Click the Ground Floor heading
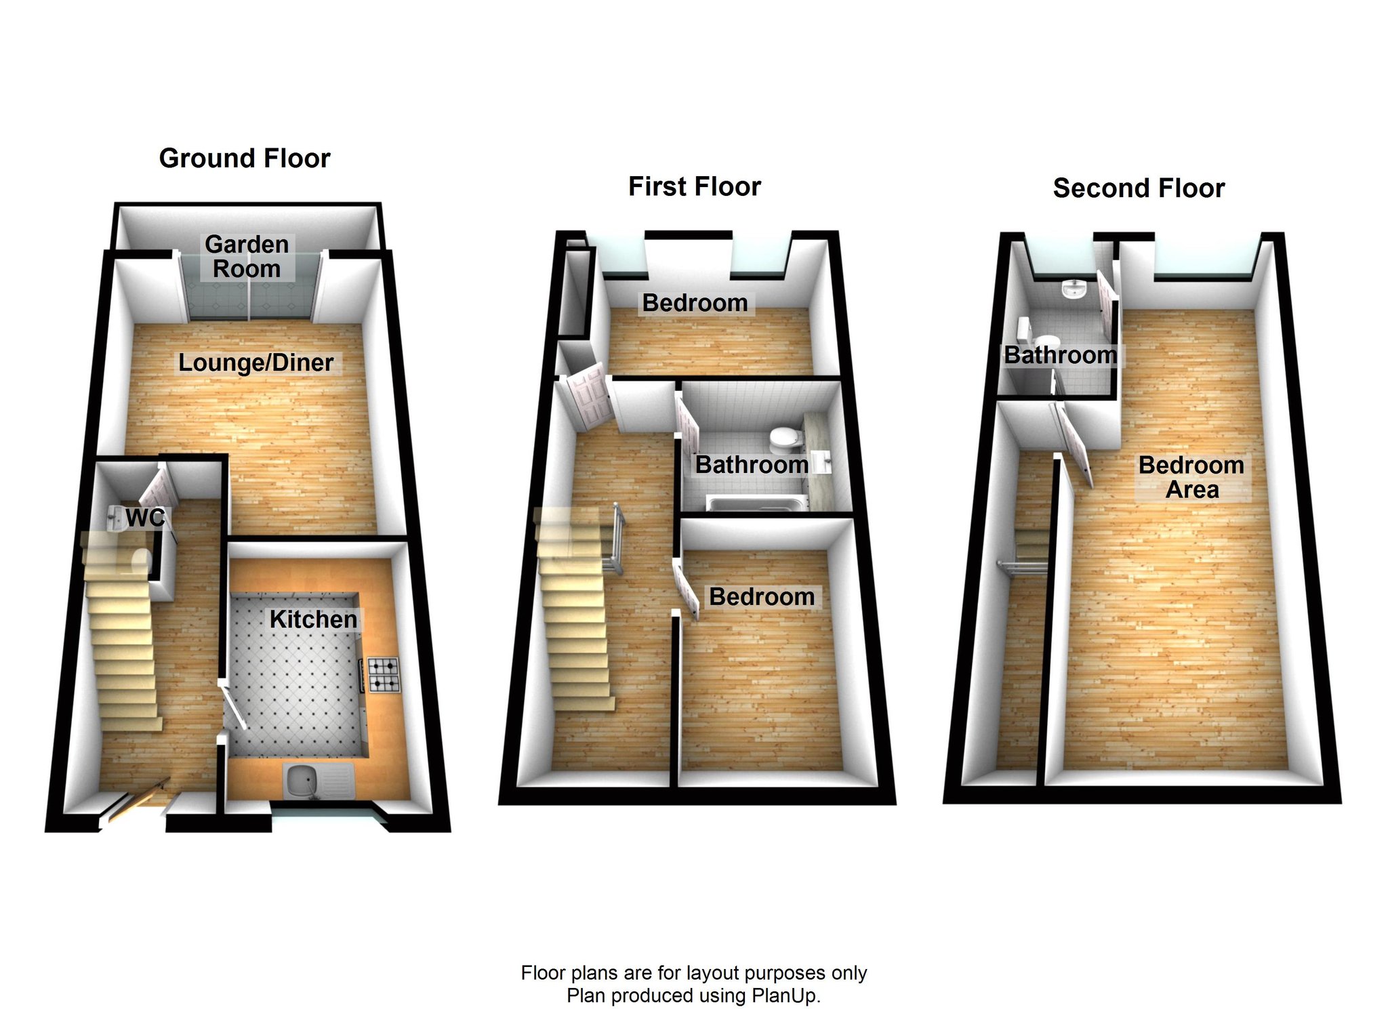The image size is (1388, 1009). (245, 159)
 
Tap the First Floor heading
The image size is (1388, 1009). (695, 186)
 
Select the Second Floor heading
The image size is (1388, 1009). (1139, 188)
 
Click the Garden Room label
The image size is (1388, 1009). (247, 257)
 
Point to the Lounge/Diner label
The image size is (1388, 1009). (256, 363)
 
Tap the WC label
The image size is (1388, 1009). (145, 518)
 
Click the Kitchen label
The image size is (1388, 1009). (313, 619)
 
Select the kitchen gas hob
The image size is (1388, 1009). (384, 675)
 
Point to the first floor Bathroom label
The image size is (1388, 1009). (752, 465)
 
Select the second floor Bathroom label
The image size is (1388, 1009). (1061, 355)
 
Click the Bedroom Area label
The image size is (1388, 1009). (1191, 477)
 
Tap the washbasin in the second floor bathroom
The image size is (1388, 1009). (1074, 289)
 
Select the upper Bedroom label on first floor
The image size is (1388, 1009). (695, 303)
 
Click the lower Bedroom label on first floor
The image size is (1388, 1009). (762, 597)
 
